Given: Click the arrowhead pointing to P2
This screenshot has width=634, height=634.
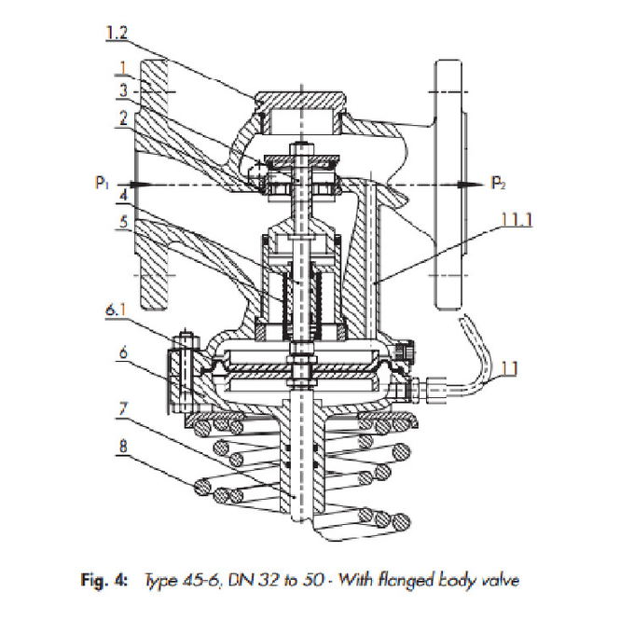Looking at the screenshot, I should [x=482, y=185].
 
